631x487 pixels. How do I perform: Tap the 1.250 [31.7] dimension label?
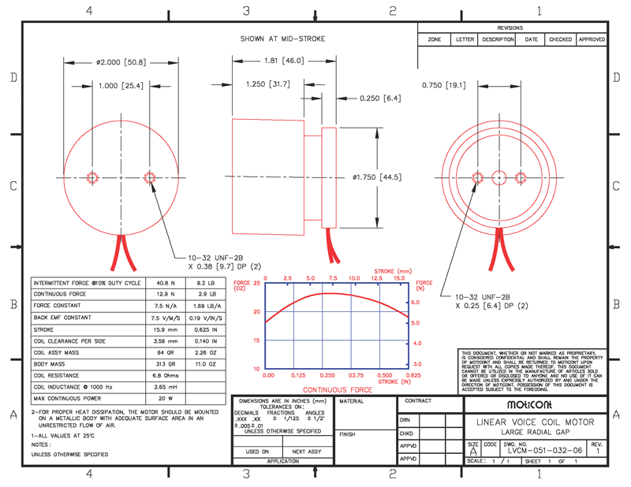point(267,84)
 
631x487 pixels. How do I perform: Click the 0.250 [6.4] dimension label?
point(380,99)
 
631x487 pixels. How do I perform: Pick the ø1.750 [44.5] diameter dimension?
point(376,177)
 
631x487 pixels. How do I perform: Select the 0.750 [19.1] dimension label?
point(444,85)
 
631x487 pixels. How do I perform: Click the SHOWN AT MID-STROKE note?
point(282,39)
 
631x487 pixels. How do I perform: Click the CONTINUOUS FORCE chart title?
point(338,389)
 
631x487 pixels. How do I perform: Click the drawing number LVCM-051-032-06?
point(546,449)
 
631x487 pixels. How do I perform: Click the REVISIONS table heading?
point(510,28)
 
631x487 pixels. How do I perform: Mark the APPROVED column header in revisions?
point(592,39)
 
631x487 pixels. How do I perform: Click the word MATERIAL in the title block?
point(352,401)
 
